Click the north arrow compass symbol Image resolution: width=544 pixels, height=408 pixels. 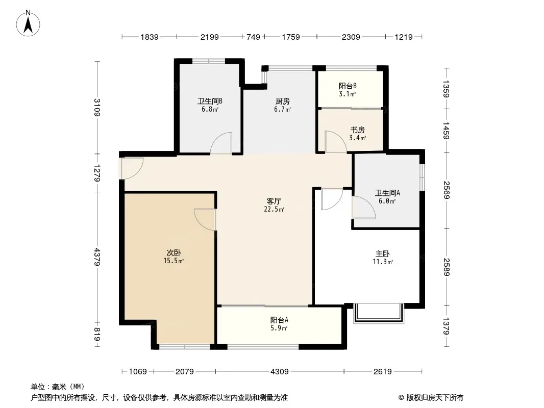[x=28, y=23]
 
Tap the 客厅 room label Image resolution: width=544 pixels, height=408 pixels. [x=274, y=201]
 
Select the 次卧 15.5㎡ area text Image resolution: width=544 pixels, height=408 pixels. [x=174, y=261]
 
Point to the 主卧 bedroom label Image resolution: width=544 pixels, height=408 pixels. [x=382, y=254]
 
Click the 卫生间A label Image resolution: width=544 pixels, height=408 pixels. [x=387, y=193]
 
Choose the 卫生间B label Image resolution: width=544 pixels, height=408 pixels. [x=210, y=101]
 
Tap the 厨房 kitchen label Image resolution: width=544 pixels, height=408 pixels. [x=282, y=101]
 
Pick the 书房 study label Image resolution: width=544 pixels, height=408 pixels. [x=357, y=130]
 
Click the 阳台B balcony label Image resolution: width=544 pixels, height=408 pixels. [x=348, y=86]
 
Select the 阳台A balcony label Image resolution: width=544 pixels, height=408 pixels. [x=279, y=320]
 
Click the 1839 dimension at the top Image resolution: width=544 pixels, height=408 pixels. [x=150, y=37]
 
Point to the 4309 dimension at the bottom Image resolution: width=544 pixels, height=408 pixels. [x=280, y=372]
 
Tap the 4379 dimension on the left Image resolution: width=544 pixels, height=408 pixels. [x=97, y=257]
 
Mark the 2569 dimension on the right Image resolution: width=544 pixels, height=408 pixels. [x=446, y=190]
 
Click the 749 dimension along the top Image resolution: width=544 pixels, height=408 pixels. [x=253, y=37]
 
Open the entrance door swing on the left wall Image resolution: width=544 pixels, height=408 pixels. [x=132, y=168]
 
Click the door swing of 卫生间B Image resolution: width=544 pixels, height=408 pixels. [x=221, y=143]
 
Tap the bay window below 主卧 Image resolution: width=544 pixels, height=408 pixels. [x=379, y=314]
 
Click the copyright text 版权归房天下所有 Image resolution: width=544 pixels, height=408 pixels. [x=435, y=398]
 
